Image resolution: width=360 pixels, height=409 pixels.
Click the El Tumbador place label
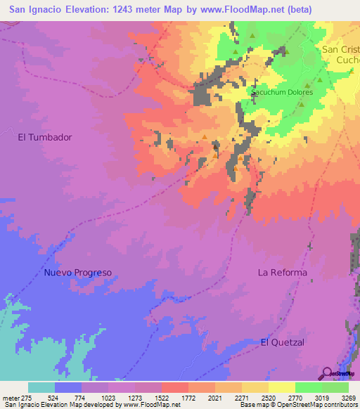(45, 138)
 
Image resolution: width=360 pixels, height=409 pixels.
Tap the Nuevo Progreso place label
(77, 273)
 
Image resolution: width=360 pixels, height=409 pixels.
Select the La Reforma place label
(282, 273)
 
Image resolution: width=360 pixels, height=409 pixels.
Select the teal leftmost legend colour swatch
(41, 387)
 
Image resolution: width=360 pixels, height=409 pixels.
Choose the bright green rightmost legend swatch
(335, 387)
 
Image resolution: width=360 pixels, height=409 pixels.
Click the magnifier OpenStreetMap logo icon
(328, 372)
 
